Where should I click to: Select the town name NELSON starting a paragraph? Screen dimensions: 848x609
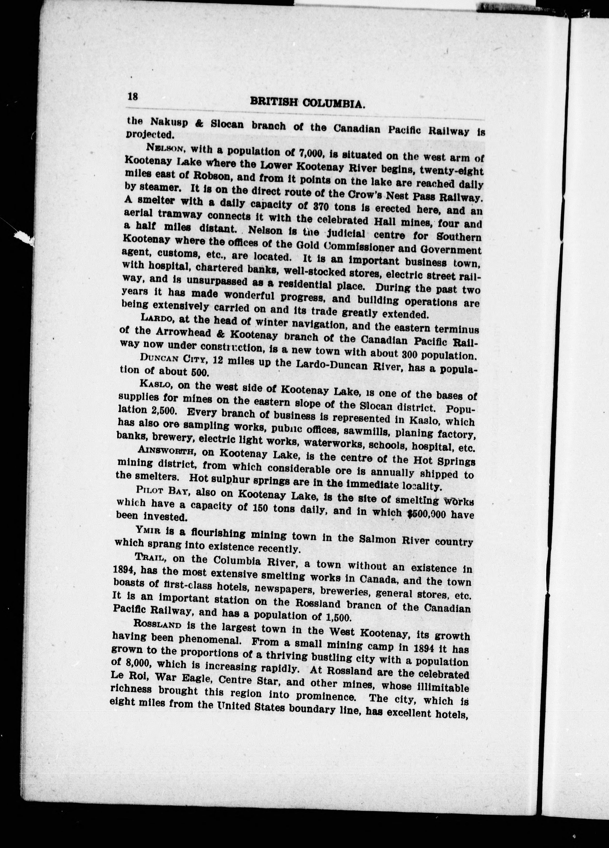tap(164, 148)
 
